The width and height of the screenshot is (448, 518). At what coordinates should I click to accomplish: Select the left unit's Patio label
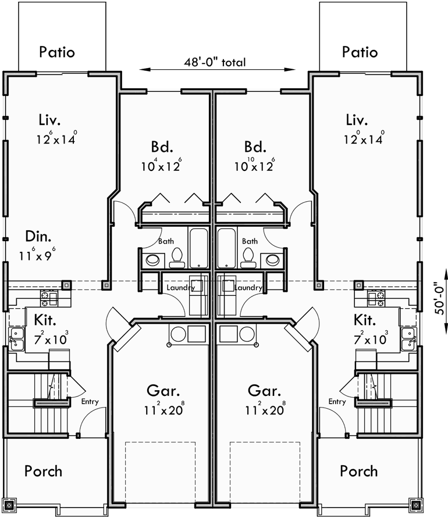(57, 52)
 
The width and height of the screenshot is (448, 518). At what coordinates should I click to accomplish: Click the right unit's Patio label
(360, 52)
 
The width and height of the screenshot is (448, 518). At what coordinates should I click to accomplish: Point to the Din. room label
(38, 237)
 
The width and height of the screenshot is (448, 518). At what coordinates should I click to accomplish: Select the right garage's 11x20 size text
(266, 409)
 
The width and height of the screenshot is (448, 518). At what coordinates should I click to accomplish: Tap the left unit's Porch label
(43, 470)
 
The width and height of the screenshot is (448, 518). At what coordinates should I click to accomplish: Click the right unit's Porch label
(358, 470)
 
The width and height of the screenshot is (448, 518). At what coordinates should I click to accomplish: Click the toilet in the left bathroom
(177, 256)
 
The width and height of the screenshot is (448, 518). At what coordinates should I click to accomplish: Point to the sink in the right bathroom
(270, 259)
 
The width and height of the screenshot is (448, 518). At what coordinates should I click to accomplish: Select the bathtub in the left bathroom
(198, 248)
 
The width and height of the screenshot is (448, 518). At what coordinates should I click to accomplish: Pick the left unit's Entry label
(90, 401)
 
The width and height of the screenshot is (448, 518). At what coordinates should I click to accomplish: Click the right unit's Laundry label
(248, 287)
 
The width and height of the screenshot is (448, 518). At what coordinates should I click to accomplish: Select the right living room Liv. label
(356, 120)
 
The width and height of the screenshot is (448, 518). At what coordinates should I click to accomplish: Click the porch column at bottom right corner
(416, 505)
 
